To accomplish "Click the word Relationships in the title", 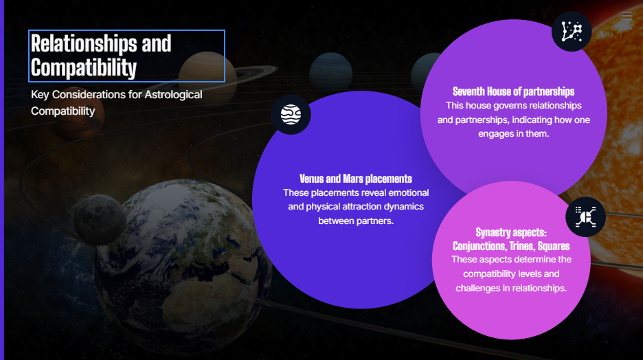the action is pyautogui.click(x=84, y=43).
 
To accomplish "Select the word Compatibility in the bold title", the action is pyautogui.click(x=84, y=67).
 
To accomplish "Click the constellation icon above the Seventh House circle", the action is pyautogui.click(x=572, y=32).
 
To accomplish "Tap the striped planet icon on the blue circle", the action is pyautogui.click(x=291, y=115).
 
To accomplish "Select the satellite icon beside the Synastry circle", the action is pyautogui.click(x=585, y=217).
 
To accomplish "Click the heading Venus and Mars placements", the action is pyautogui.click(x=356, y=179).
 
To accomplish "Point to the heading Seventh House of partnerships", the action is pyautogui.click(x=513, y=91).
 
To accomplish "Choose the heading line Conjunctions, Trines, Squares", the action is pyautogui.click(x=511, y=246).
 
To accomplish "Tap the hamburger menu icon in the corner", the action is pyautogui.click(x=627, y=16).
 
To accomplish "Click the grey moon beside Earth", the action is pyautogui.click(x=100, y=220).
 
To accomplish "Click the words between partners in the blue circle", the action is pyautogui.click(x=356, y=221).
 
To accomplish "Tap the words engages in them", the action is pyautogui.click(x=513, y=134).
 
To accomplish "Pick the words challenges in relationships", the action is pyautogui.click(x=511, y=289).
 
